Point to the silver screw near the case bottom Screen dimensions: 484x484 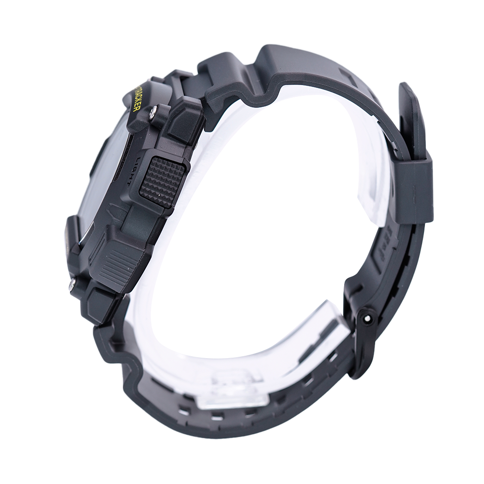point(72,285)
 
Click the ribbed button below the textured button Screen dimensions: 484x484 point(116,264)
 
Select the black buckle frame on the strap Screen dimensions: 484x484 point(359,339)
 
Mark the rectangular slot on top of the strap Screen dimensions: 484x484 point(348,75)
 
